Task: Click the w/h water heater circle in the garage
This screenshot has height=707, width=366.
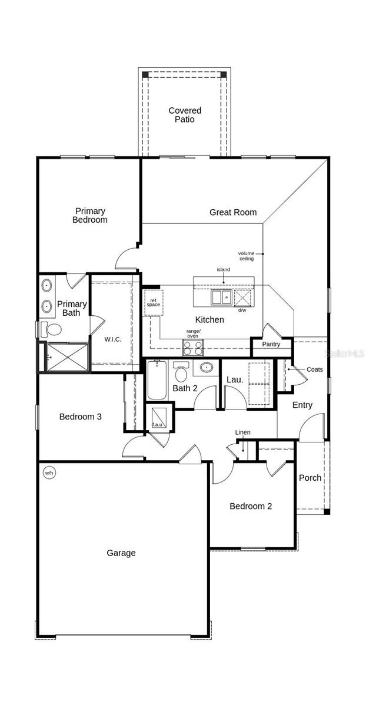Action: (49, 473)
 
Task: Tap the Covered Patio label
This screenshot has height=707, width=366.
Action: (185, 115)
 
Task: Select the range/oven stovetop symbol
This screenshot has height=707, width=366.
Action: (193, 348)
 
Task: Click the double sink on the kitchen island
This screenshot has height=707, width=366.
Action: (222, 298)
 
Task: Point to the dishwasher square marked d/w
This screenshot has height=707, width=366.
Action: (243, 298)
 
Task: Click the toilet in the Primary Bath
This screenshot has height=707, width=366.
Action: (51, 330)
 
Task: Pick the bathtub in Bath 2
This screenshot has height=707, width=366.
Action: (157, 380)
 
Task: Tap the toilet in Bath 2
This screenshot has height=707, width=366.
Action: (181, 372)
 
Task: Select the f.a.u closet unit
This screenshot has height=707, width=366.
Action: (159, 417)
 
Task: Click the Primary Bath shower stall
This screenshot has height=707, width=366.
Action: (68, 357)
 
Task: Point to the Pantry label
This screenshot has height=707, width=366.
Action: (271, 344)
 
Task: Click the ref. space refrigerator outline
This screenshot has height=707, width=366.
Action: (154, 303)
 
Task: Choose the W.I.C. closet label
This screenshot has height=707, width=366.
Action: (112, 339)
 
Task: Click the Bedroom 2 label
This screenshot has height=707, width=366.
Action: (251, 506)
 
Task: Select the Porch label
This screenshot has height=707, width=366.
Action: (310, 478)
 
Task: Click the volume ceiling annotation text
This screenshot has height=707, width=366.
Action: (246, 256)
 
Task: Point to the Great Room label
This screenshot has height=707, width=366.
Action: (233, 213)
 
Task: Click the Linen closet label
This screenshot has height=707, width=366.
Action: (243, 432)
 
